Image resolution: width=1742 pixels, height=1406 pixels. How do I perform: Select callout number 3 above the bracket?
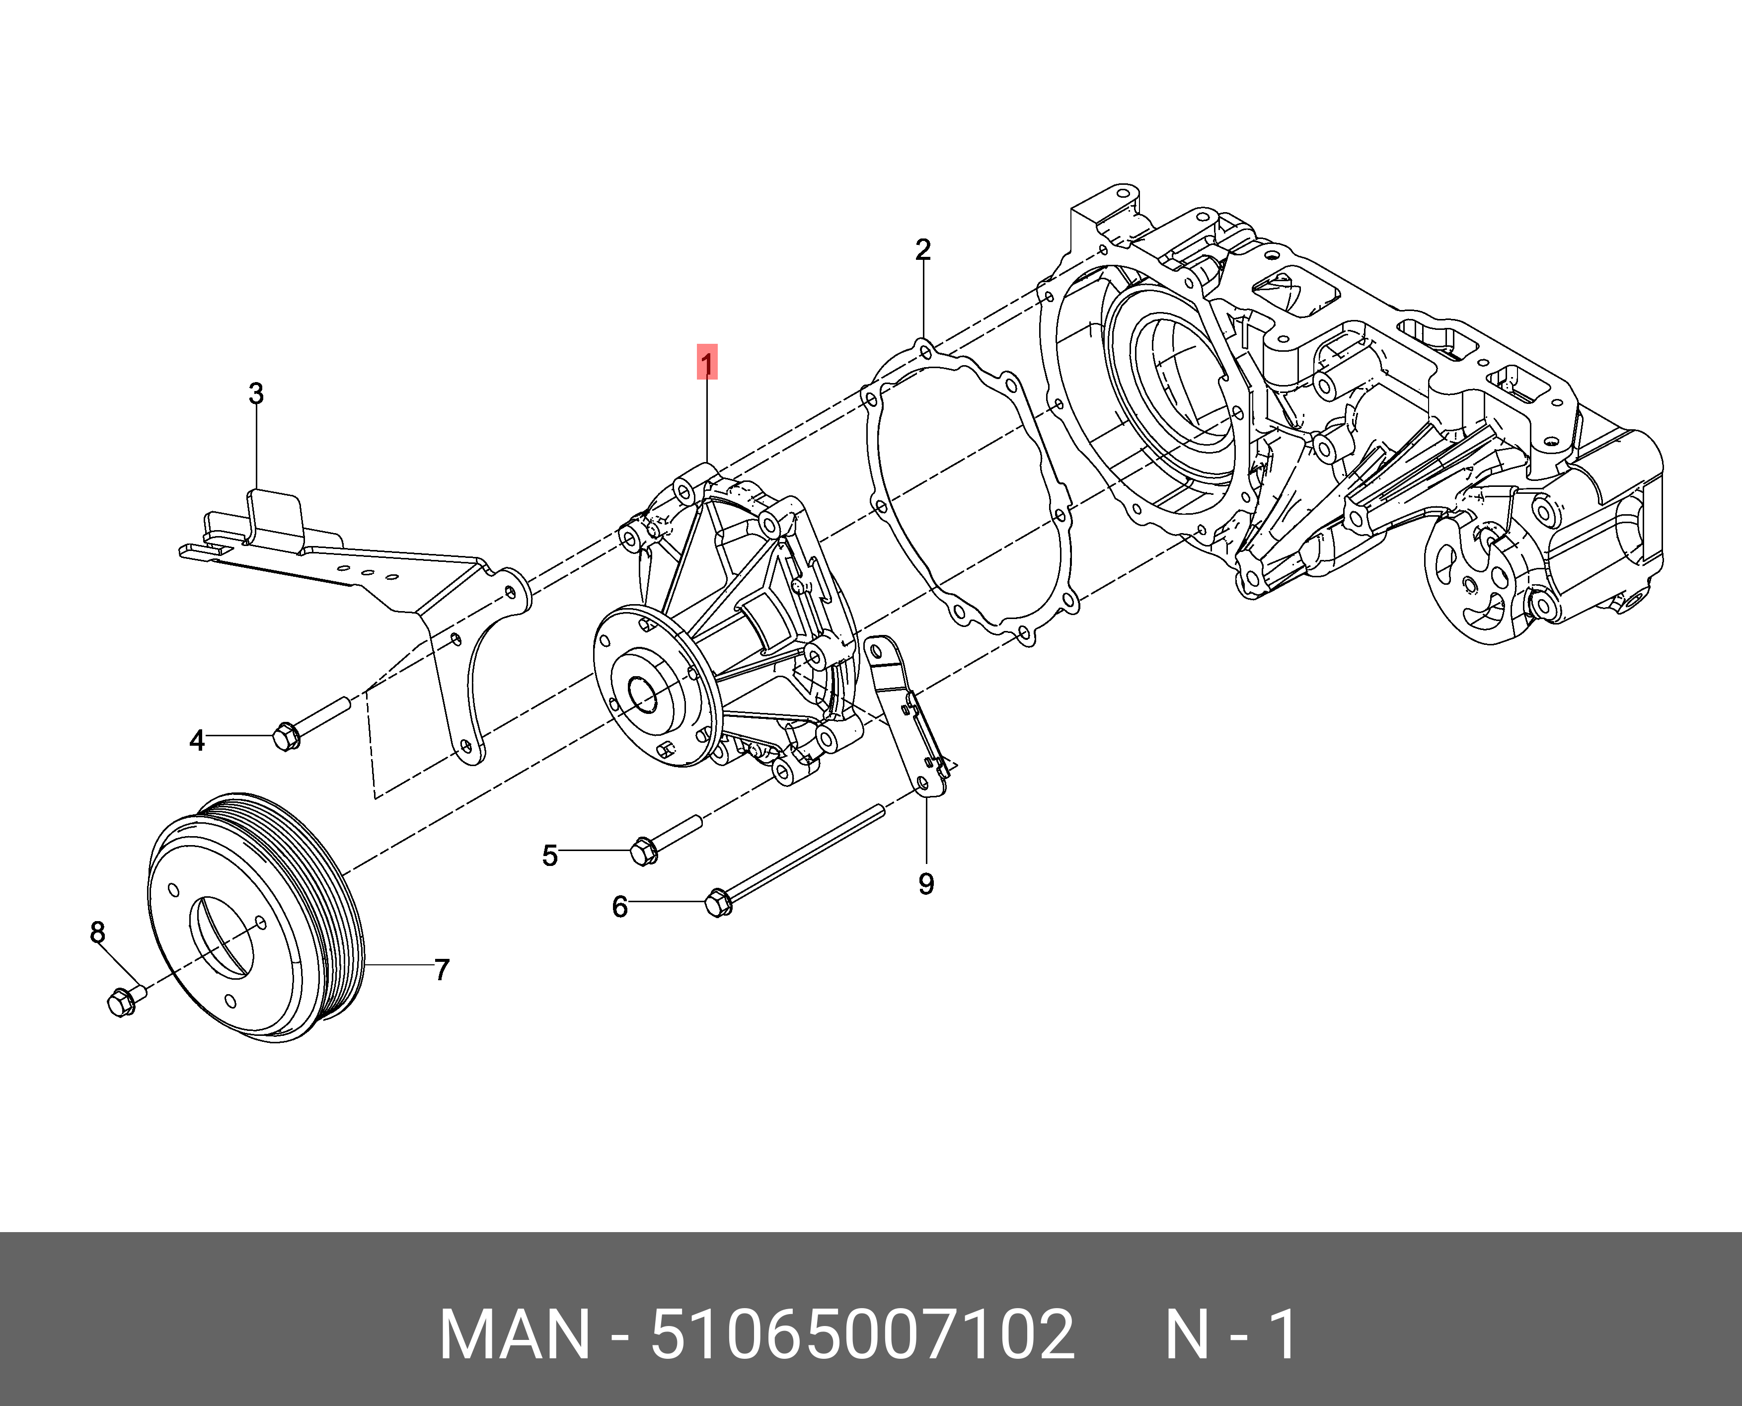pyautogui.click(x=256, y=394)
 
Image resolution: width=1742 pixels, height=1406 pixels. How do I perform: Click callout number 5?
pyautogui.click(x=550, y=855)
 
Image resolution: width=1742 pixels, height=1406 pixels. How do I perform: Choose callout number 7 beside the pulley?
pyautogui.click(x=442, y=969)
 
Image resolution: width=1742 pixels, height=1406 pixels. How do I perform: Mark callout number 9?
pyautogui.click(x=926, y=884)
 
